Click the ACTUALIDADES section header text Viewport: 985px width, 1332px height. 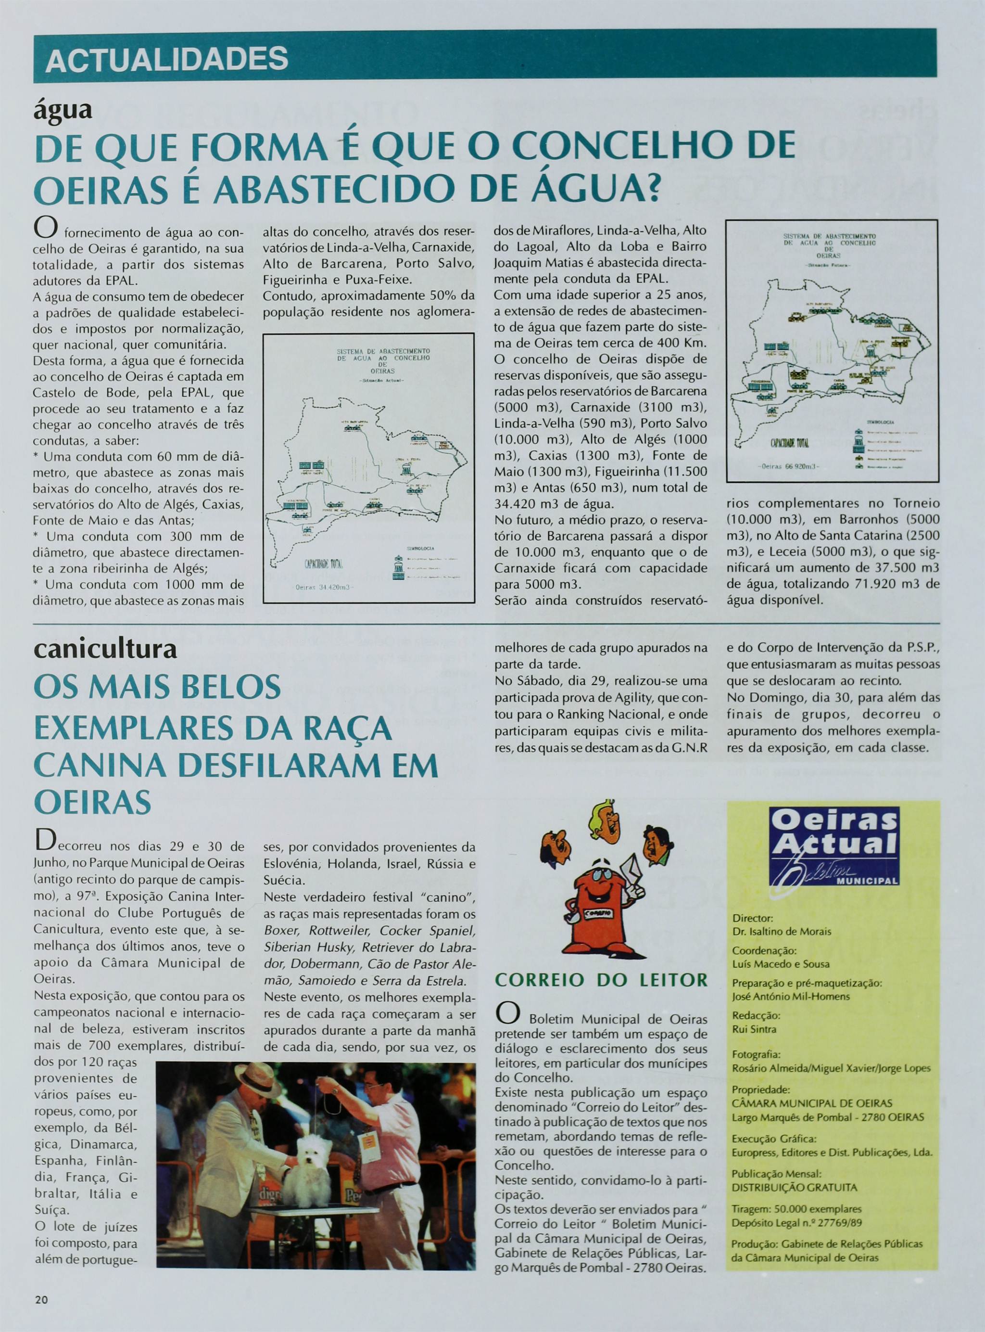click(166, 60)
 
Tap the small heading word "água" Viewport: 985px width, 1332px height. click(63, 110)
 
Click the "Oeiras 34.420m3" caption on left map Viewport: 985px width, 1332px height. click(324, 587)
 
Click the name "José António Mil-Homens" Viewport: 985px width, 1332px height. click(791, 996)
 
